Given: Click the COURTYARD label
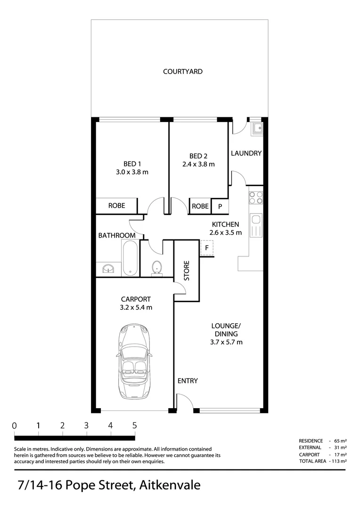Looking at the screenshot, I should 183,72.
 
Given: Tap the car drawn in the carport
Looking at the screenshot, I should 134,361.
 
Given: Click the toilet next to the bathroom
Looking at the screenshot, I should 157,267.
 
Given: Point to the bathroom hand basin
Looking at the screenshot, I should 108,269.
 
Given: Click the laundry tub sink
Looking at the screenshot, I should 257,128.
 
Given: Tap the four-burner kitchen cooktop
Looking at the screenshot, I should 256,197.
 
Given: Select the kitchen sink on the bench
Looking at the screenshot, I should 256,225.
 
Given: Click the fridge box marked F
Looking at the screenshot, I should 207,247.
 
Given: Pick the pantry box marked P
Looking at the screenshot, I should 220,206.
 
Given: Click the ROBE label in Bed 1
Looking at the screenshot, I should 116,206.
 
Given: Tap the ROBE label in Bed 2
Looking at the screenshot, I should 200,206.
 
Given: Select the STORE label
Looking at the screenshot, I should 187,271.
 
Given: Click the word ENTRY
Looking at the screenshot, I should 188,381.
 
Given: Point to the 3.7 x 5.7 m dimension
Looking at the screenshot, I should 226,342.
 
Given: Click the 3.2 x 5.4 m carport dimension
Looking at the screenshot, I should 136,307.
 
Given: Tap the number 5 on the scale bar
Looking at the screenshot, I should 134,425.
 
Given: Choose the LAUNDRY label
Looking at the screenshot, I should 246,153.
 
